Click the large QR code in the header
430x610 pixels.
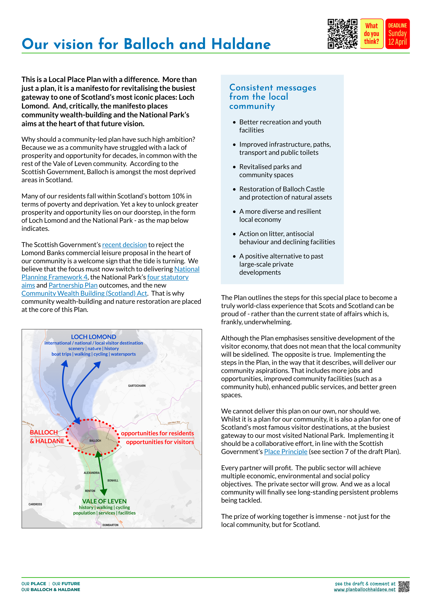click(x=342, y=34)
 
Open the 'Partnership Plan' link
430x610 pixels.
click(x=73, y=285)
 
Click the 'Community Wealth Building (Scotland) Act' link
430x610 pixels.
click(x=84, y=294)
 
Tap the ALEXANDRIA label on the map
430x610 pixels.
click(x=92, y=473)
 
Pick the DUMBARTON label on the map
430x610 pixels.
click(x=110, y=525)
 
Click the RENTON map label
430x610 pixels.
click(x=90, y=491)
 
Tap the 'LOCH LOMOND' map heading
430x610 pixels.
click(x=93, y=337)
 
